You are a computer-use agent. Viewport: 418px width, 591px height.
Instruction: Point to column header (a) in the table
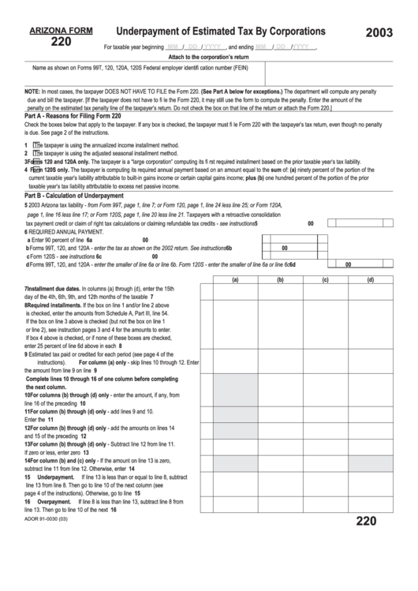(x=234, y=279)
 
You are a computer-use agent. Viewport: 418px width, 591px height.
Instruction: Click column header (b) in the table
(x=280, y=279)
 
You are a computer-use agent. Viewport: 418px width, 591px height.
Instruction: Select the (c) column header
(x=325, y=279)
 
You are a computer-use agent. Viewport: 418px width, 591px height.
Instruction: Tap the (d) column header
(x=371, y=279)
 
